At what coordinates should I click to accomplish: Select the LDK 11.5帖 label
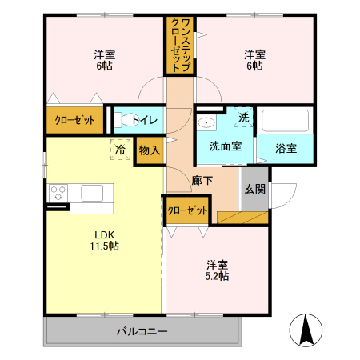coord(105,240)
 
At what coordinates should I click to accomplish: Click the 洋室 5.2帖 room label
coord(217,270)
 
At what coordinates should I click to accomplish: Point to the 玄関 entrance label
coord(255,189)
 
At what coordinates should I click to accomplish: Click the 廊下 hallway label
coord(202,181)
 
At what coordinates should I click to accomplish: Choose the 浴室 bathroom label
coord(286,148)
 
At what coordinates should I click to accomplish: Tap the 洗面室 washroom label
coord(225,147)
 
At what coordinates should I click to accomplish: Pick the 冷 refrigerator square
coord(120,150)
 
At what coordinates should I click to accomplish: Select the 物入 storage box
coord(150,150)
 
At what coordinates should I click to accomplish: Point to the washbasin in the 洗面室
coord(206,123)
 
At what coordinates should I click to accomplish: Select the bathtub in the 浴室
coord(285,122)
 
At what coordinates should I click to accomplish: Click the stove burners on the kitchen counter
coord(60,192)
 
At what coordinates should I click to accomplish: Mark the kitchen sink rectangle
coord(91,192)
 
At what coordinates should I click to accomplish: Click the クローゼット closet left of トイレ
coord(74,121)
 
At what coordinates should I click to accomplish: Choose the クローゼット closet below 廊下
coord(186,210)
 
